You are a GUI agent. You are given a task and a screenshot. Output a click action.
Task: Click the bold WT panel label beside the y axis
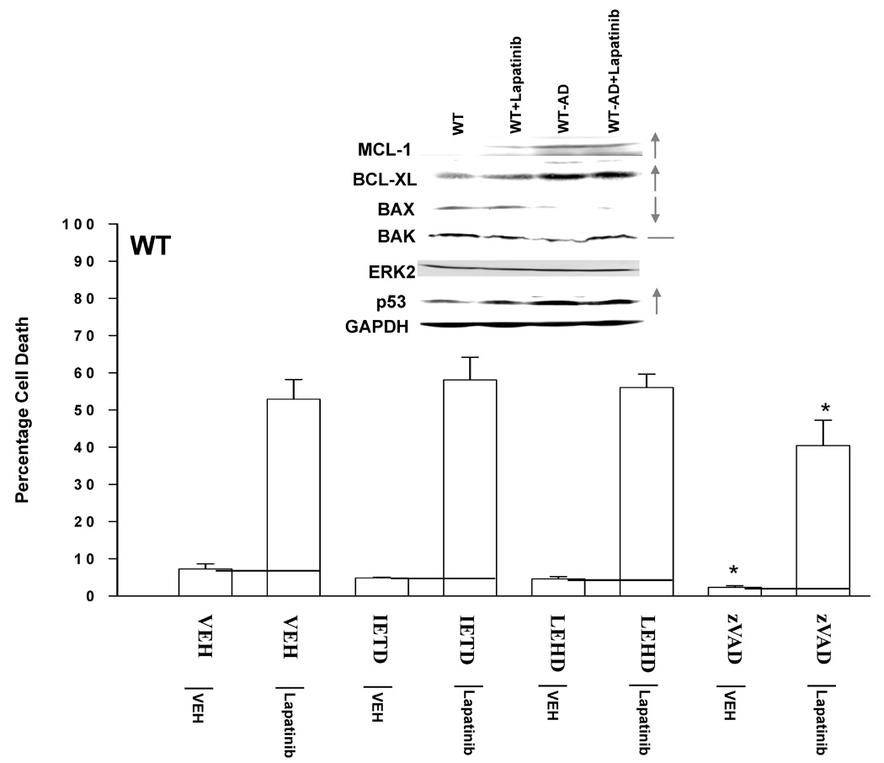tap(151, 248)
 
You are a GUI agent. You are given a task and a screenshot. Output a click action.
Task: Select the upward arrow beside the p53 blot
tap(654, 301)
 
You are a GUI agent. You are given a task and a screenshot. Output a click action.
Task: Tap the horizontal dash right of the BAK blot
tap(660, 238)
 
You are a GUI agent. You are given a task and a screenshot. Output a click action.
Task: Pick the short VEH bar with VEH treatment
tap(205, 582)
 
